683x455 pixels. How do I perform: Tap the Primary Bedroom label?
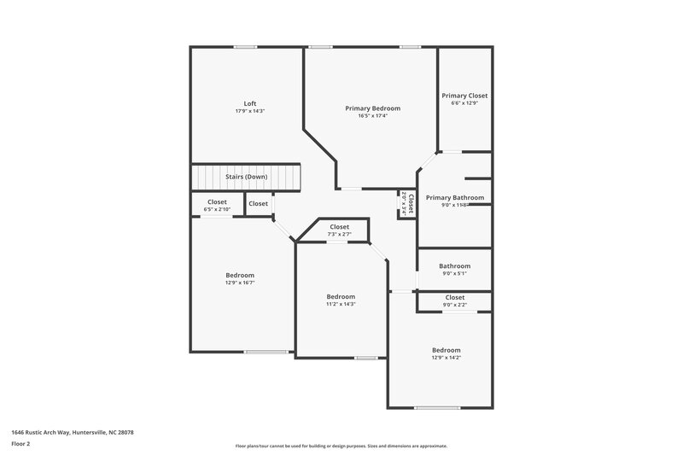pyautogui.click(x=372, y=108)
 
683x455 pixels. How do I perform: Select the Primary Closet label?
pyautogui.click(x=464, y=96)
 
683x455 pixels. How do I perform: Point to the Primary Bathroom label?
pyautogui.click(x=455, y=197)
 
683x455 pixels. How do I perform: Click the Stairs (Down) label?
pyautogui.click(x=246, y=177)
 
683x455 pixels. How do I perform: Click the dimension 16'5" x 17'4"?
pyautogui.click(x=372, y=117)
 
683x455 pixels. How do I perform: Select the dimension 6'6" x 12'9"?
pyautogui.click(x=464, y=104)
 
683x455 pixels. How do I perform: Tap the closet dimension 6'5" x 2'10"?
pyautogui.click(x=217, y=209)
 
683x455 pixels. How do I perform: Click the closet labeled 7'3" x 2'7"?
pyautogui.click(x=339, y=235)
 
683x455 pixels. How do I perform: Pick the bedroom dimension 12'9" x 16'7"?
pyautogui.click(x=240, y=283)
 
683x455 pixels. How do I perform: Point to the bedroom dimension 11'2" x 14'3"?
pyautogui.click(x=341, y=304)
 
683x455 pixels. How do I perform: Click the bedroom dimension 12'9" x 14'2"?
pyautogui.click(x=446, y=359)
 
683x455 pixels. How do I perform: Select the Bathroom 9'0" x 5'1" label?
pyautogui.click(x=454, y=265)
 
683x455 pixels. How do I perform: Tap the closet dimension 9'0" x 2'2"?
pyautogui.click(x=454, y=305)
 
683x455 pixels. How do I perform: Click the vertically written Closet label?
pyautogui.click(x=411, y=203)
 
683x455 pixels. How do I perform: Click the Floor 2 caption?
pyautogui.click(x=20, y=444)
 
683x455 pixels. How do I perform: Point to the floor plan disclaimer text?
pyautogui.click(x=341, y=446)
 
